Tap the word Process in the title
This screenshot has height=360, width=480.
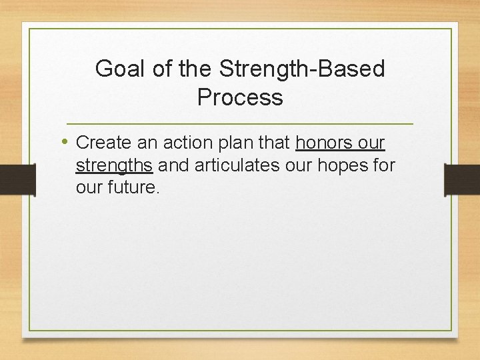tap(240, 98)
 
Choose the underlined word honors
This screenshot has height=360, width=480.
tap(323, 143)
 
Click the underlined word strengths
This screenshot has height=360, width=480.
tap(115, 165)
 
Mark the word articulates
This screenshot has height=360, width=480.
tap(237, 165)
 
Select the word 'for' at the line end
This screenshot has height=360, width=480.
tap(384, 165)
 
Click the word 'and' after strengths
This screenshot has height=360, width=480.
tap(173, 165)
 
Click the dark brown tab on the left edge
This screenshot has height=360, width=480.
tap(17, 179)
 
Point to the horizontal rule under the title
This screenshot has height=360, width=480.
tap(240, 125)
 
